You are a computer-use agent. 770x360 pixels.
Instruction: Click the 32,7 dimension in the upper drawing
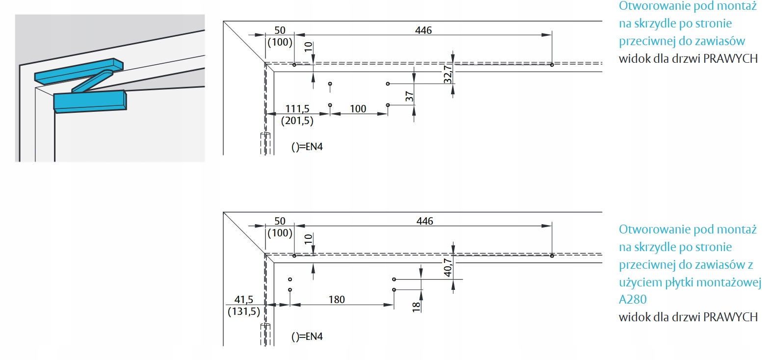click(448, 74)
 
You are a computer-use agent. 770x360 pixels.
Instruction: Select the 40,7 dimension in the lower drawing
click(448, 267)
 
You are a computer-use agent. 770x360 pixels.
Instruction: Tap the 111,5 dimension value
click(297, 108)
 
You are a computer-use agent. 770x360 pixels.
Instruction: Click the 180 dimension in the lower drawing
click(337, 300)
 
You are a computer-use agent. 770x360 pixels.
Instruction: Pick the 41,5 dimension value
click(244, 300)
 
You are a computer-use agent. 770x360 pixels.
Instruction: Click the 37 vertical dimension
click(409, 97)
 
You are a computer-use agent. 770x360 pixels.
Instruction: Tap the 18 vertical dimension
click(416, 307)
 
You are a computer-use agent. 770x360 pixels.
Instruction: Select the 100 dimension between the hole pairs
click(358, 108)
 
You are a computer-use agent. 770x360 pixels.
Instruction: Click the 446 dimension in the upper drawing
click(423, 30)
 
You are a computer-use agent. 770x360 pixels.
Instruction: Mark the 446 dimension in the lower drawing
click(425, 221)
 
